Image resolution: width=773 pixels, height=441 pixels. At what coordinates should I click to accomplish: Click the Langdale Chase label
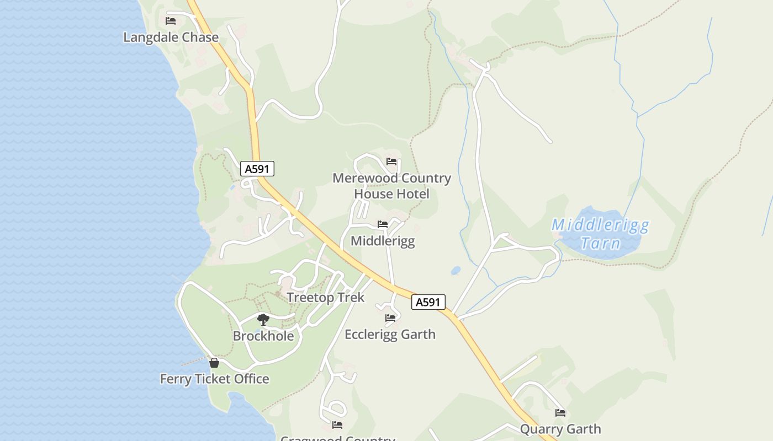click(x=171, y=37)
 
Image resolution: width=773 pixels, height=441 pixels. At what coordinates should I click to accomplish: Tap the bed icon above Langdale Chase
click(x=171, y=21)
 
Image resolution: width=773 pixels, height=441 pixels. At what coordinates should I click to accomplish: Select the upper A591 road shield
click(x=257, y=169)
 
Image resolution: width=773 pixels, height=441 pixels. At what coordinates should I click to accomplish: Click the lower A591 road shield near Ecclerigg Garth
click(x=428, y=302)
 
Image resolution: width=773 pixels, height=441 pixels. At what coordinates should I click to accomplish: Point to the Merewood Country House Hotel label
click(x=391, y=186)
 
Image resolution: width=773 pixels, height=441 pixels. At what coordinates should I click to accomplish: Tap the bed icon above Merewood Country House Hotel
click(x=391, y=162)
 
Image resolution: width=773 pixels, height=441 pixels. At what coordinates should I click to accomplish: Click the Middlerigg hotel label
click(x=383, y=241)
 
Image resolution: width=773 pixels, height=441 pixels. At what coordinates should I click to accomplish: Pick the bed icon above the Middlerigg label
click(x=383, y=224)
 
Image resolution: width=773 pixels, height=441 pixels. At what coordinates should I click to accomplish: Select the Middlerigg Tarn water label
click(x=601, y=234)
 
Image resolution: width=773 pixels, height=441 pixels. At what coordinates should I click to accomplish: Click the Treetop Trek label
click(x=326, y=298)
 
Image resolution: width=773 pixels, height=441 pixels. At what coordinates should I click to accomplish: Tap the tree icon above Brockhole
click(x=263, y=319)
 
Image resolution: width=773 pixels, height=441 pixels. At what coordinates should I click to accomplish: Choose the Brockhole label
click(x=263, y=336)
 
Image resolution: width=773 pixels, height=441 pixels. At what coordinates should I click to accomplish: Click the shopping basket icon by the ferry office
click(x=214, y=363)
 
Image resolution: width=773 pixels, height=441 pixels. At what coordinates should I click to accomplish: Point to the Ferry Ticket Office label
click(x=214, y=379)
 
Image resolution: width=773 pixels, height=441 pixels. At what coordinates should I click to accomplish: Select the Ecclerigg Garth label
click(x=390, y=334)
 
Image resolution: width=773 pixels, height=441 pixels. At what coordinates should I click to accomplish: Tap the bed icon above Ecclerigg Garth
click(x=390, y=318)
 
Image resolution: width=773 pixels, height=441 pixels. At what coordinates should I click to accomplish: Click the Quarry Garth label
click(x=560, y=429)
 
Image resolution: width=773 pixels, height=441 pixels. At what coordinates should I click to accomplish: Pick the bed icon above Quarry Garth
click(x=560, y=413)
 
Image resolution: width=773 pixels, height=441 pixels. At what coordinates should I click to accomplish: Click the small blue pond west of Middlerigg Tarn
click(x=456, y=271)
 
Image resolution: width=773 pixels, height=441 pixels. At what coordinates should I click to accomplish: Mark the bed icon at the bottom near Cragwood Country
click(x=337, y=425)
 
